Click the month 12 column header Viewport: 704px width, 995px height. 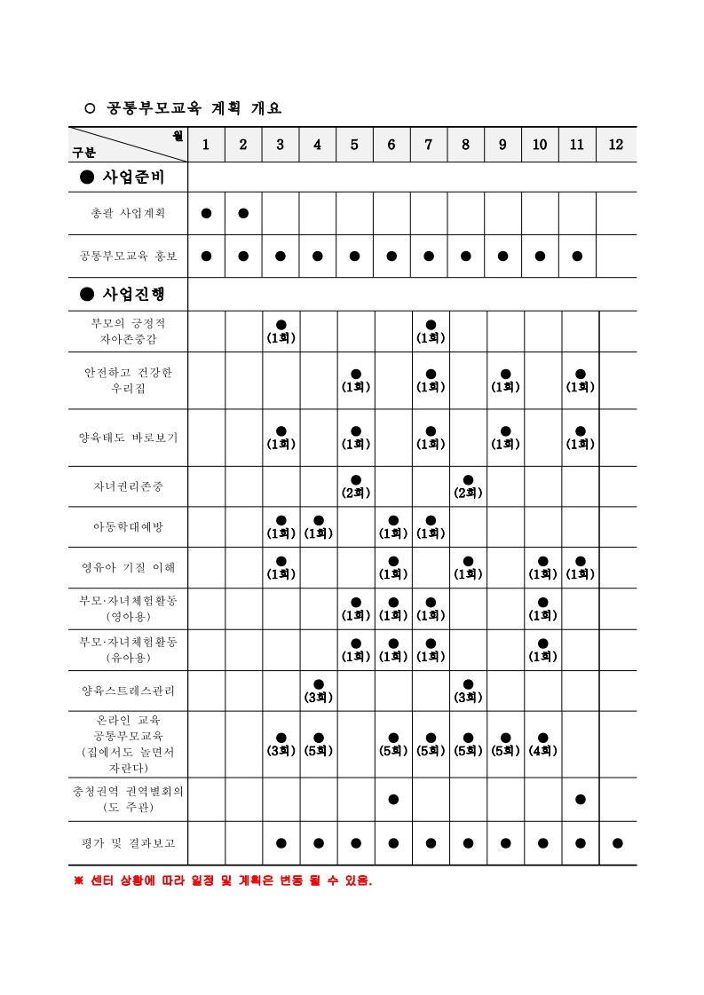click(x=616, y=145)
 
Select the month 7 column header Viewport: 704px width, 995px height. click(x=429, y=145)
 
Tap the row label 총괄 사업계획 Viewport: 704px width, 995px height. click(x=128, y=213)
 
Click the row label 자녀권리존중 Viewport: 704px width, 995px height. click(x=128, y=486)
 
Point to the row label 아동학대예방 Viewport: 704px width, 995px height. click(x=128, y=527)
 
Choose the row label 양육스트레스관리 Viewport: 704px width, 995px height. click(x=128, y=691)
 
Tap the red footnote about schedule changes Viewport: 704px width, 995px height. click(x=222, y=881)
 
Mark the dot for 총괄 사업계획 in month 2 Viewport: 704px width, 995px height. click(x=243, y=213)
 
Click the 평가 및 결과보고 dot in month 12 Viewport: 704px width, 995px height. click(x=618, y=843)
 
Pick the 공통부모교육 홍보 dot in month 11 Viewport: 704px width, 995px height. click(x=578, y=257)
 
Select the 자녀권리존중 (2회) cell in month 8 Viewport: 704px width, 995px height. click(x=468, y=486)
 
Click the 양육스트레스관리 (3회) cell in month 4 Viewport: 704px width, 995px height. click(x=318, y=691)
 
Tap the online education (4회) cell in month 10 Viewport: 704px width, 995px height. click(x=542, y=744)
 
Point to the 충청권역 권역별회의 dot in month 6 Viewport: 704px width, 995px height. click(x=393, y=799)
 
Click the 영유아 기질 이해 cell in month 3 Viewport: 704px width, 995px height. click(x=281, y=567)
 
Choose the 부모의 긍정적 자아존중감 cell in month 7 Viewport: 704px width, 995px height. click(x=431, y=331)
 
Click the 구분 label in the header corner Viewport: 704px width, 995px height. click(x=84, y=154)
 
